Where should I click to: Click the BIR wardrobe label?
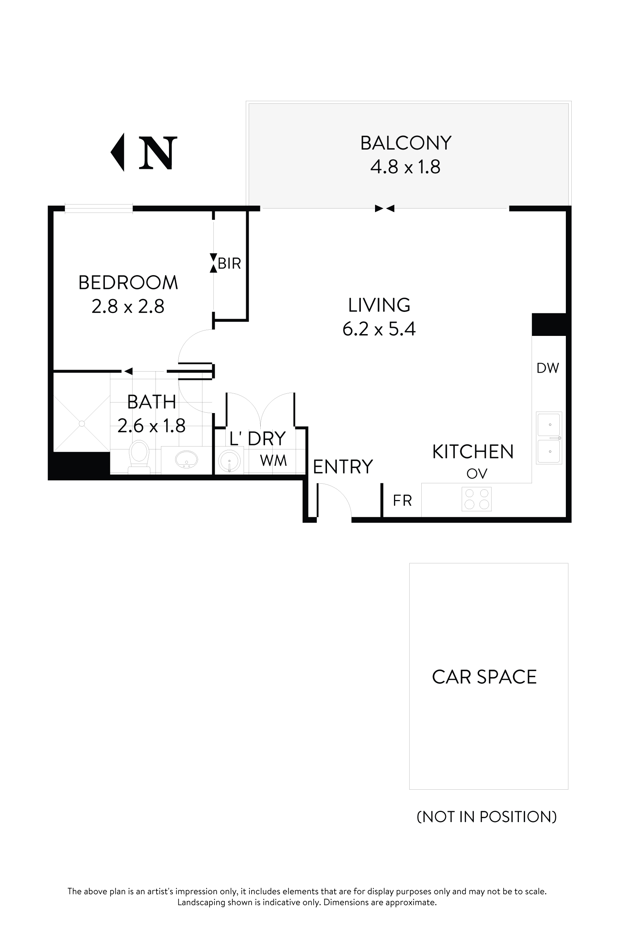pos(229,263)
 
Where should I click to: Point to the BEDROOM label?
pos(128,282)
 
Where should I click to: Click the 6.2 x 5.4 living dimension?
pos(379,329)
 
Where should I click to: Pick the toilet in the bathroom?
pos(139,456)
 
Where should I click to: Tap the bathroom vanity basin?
pos(186,459)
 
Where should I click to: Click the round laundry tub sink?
pos(229,460)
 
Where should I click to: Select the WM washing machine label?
pos(273,460)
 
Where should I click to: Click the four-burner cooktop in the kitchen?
pos(477,499)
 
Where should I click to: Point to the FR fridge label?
pos(402,501)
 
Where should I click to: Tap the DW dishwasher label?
pos(548,368)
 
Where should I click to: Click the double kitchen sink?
pos(549,438)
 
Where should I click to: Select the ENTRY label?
pos(343,467)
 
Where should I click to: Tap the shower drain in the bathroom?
pos(82,424)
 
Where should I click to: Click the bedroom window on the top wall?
pos(99,208)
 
